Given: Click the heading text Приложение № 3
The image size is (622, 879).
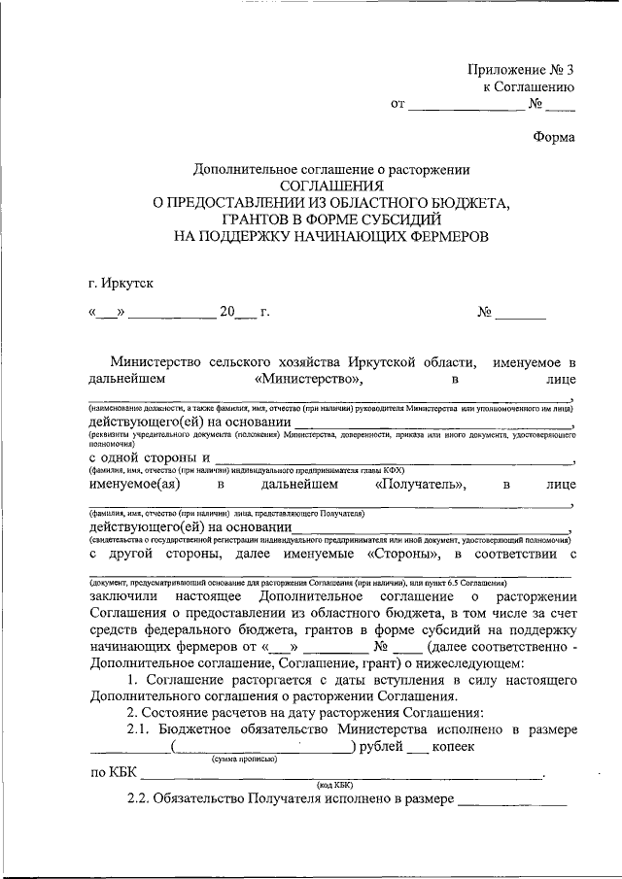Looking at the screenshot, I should (x=521, y=69).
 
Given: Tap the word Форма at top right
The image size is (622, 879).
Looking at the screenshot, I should (x=554, y=137).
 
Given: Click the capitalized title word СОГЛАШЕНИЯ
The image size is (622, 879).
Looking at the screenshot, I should (x=331, y=186).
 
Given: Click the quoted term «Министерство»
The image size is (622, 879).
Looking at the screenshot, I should (x=307, y=379).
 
